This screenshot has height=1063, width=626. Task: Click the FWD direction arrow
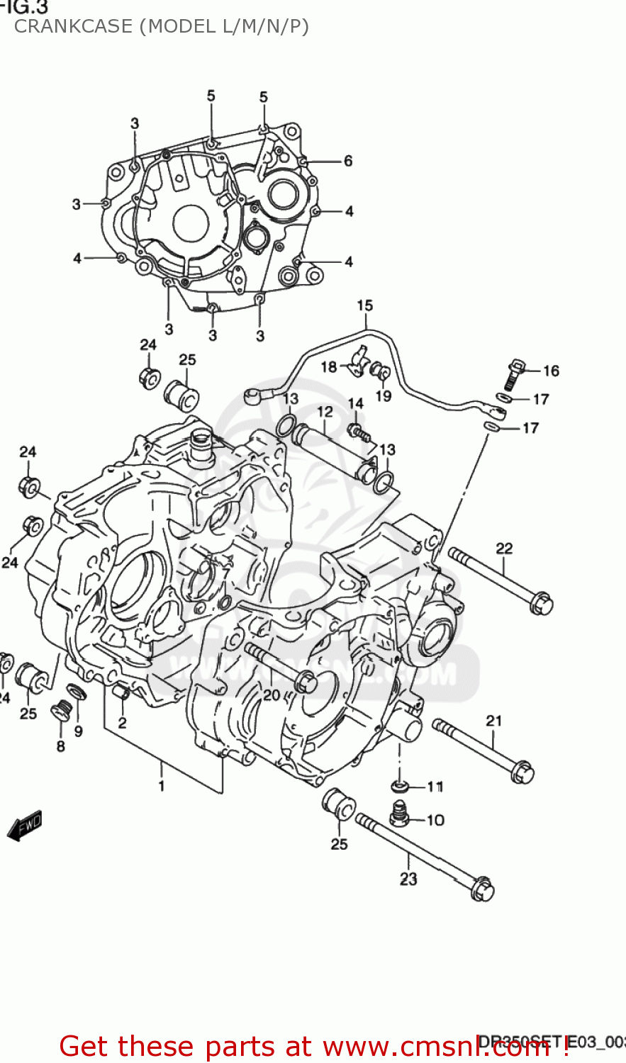click(26, 826)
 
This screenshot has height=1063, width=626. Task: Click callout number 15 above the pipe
click(364, 305)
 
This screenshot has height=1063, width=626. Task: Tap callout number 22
click(504, 548)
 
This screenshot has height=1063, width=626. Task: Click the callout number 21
click(494, 720)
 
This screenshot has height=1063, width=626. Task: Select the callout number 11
click(435, 787)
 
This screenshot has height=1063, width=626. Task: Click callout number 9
click(78, 731)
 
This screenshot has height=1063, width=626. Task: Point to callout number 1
click(161, 785)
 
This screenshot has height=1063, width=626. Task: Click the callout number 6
click(348, 161)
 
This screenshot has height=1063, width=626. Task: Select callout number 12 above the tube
click(325, 412)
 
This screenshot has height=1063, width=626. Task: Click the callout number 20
click(272, 694)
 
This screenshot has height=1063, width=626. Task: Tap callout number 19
click(383, 395)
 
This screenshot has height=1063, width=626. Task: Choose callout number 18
click(329, 366)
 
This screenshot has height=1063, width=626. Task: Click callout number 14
click(356, 403)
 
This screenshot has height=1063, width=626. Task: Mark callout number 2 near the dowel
click(122, 723)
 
